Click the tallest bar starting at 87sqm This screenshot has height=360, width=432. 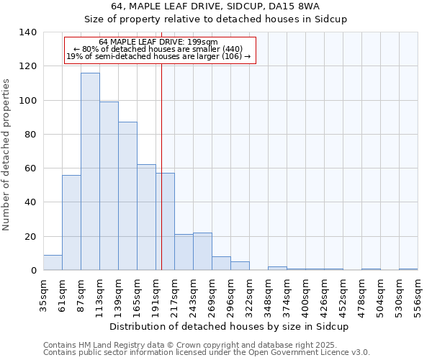[90, 171]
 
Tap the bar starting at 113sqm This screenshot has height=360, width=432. [109, 186]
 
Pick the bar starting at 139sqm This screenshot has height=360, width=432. [127, 196]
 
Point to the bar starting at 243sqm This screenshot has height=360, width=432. [202, 252]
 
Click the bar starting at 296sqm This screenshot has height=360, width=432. [240, 266]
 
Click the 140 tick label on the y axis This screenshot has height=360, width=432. [27, 32]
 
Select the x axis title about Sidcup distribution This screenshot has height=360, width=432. [229, 326]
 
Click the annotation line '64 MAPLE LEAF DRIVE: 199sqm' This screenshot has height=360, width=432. [158, 42]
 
